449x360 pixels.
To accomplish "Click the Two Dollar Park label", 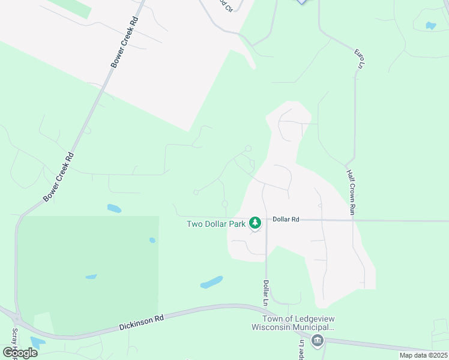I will pyautogui.click(x=216, y=224).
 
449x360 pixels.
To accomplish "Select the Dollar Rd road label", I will pyautogui.click(x=286, y=220).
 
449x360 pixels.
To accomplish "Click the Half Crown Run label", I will pyautogui.click(x=351, y=191).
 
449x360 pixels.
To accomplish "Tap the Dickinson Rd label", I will pyautogui.click(x=141, y=323).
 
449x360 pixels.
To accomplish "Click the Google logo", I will pyautogui.click(x=20, y=353).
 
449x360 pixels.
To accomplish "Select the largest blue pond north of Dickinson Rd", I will pyautogui.click(x=212, y=282).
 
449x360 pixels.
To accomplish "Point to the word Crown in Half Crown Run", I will pyautogui.click(x=351, y=192).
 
